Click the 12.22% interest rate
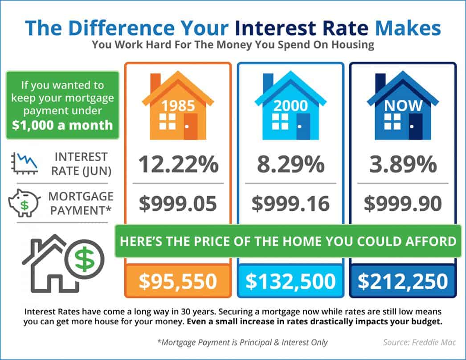tap(178, 165)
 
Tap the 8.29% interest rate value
tap(291, 165)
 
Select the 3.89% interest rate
tap(403, 165)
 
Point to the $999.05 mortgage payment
tap(178, 204)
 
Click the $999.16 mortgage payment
tap(291, 204)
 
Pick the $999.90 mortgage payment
tap(403, 204)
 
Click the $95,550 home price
tap(178, 281)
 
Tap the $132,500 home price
tap(291, 281)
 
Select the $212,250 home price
tap(403, 281)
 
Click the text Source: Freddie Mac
tap(412, 343)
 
